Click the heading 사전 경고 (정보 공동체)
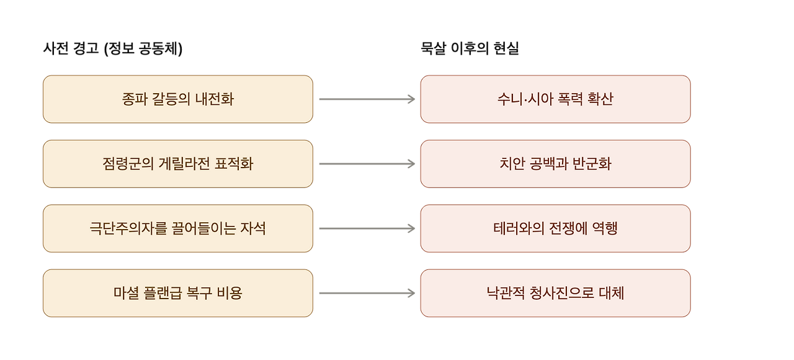pyautogui.click(x=113, y=48)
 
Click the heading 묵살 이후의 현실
pyautogui.click(x=470, y=48)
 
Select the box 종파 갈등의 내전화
pyautogui.click(x=178, y=99)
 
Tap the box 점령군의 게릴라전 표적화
pyautogui.click(x=178, y=164)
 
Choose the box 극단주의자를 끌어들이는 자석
pyautogui.click(x=178, y=228)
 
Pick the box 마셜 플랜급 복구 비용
pyautogui.click(x=178, y=293)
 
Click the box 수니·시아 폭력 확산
pyautogui.click(x=555, y=99)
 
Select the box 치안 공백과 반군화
pyautogui.click(x=555, y=164)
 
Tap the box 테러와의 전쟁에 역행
pyautogui.click(x=555, y=228)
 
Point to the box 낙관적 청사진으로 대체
pyautogui.click(x=555, y=293)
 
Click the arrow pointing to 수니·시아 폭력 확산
pyautogui.click(x=367, y=99)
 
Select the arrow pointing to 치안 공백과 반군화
pyautogui.click(x=367, y=164)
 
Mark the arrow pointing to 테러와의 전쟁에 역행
pyautogui.click(x=367, y=228)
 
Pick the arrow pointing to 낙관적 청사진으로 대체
pyautogui.click(x=367, y=293)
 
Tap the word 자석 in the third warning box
pyautogui.click(x=253, y=228)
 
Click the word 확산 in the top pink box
pyautogui.click(x=600, y=99)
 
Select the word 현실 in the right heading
pyautogui.click(x=507, y=48)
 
